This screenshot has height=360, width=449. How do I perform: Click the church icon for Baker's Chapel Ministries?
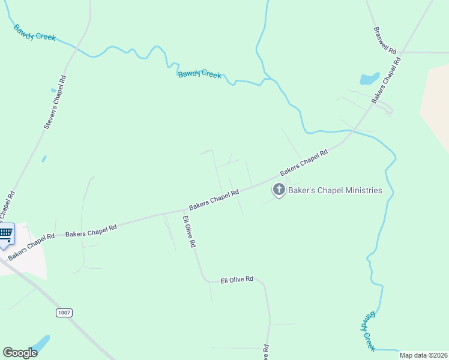coord(279,190)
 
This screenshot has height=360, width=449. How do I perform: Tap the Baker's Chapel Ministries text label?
coord(335,190)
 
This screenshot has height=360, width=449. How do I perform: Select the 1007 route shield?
coord(65,313)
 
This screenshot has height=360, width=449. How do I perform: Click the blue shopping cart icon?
coord(5,233)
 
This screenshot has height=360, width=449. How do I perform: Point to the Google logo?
coord(20,352)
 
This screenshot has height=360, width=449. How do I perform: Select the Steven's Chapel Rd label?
coord(55,102)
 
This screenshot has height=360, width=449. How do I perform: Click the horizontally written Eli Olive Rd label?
coord(237,280)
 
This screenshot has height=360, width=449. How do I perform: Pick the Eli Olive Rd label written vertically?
coord(190,233)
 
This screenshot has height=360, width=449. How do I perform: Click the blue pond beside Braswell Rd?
coord(369,79)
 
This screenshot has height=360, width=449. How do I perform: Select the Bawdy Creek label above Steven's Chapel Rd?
coord(35,32)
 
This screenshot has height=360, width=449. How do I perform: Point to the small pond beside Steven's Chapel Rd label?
coord(53,90)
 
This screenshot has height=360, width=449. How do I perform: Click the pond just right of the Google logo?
coord(42,343)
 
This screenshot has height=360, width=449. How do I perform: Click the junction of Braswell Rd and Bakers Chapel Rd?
coord(401,53)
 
